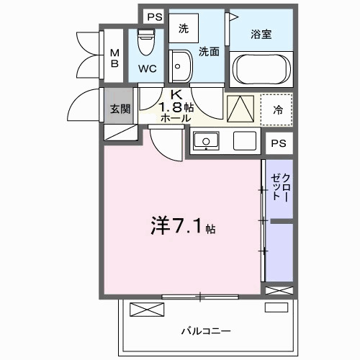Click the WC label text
click(x=148, y=70)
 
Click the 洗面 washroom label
click(x=209, y=51)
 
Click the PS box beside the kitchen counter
click(x=278, y=143)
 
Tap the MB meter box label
click(x=115, y=57)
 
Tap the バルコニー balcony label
click(x=205, y=330)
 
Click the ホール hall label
click(x=176, y=120)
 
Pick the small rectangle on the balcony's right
click(x=275, y=308)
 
